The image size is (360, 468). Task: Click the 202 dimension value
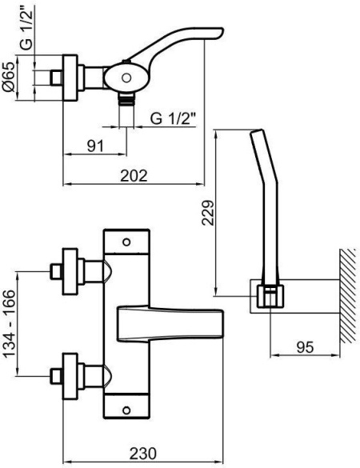[134, 175]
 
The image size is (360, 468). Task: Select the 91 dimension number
[95, 146]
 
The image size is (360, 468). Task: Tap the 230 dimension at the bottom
[142, 454]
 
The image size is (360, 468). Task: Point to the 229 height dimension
[208, 213]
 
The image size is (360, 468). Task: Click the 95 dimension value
[305, 347]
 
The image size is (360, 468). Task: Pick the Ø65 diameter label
[8, 76]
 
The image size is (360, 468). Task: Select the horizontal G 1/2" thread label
[173, 118]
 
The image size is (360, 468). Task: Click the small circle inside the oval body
[126, 78]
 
